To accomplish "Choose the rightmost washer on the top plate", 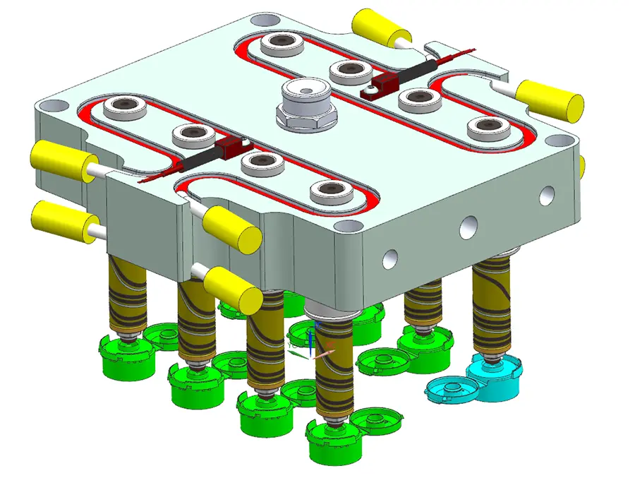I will click(x=488, y=128).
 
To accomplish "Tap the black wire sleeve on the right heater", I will click(x=408, y=71).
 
